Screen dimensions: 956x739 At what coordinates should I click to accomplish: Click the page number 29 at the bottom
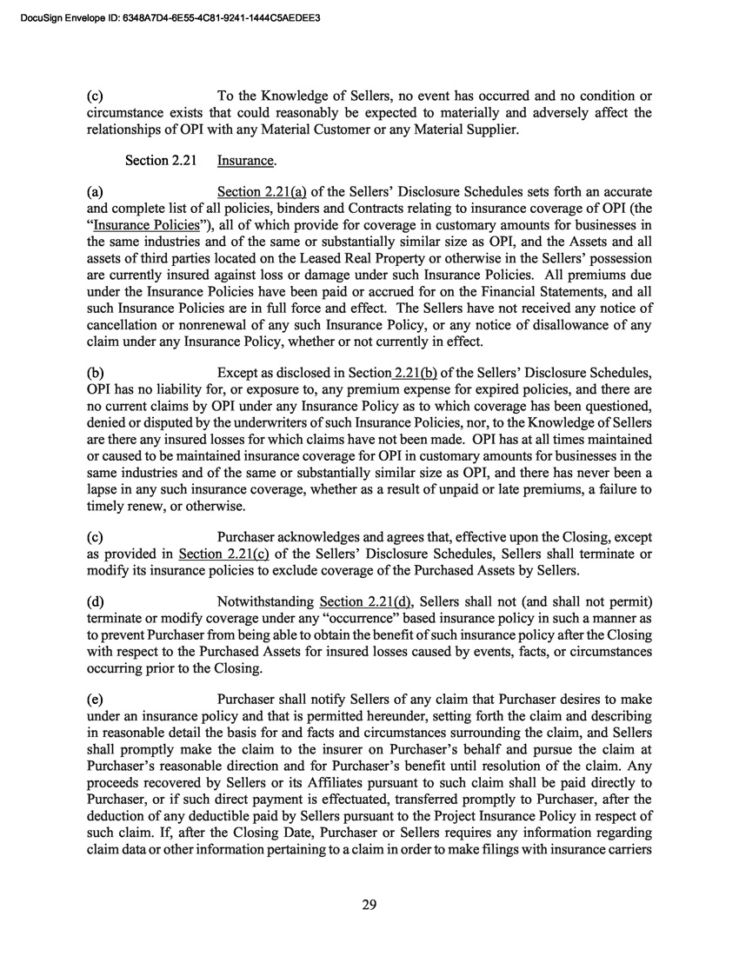(369, 906)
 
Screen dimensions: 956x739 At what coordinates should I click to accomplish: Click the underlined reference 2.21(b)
(416, 373)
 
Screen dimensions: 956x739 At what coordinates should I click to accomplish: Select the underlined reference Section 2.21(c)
(220, 554)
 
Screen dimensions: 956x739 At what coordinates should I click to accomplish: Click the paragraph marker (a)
(96, 191)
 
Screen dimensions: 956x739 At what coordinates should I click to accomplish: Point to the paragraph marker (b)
(96, 373)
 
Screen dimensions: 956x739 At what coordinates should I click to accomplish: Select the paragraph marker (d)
(96, 601)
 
